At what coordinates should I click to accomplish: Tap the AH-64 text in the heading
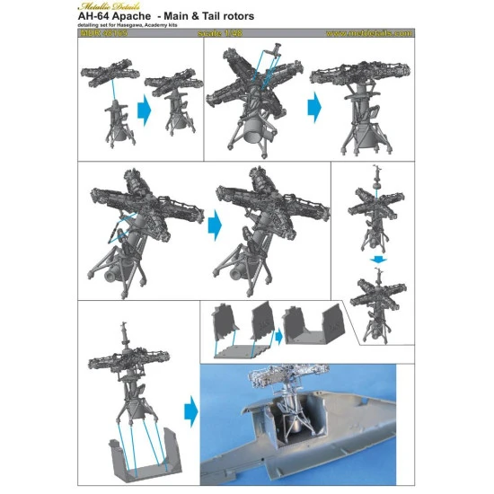click(101, 17)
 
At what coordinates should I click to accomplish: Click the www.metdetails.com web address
click(368, 34)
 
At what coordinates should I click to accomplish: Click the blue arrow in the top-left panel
click(143, 111)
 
